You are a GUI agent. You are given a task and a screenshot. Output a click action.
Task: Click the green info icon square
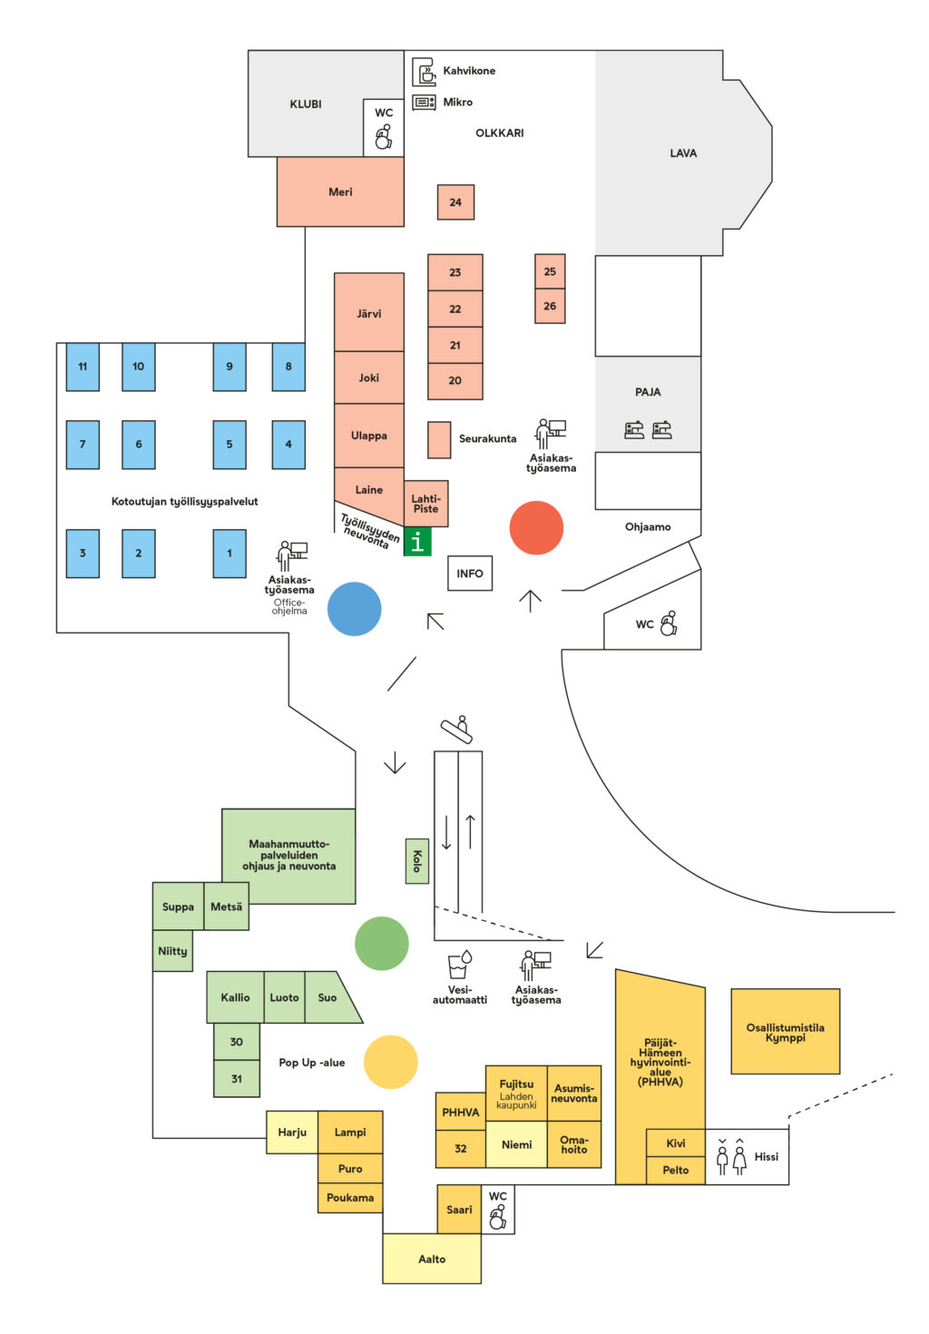[417, 542]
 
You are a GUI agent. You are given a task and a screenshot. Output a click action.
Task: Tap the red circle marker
[536, 527]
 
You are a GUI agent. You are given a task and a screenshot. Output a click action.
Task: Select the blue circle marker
[354, 608]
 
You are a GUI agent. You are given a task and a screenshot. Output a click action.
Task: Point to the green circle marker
[381, 943]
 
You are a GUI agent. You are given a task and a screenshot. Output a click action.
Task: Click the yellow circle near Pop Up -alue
[390, 1062]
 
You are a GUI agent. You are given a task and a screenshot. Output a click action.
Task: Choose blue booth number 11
[83, 367]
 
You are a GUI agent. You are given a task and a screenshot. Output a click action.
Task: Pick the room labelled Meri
[340, 191]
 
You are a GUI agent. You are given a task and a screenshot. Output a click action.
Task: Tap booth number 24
[455, 202]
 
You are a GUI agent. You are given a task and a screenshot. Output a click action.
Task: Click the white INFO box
[470, 574]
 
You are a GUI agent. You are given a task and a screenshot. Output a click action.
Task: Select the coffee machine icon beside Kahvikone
[425, 71]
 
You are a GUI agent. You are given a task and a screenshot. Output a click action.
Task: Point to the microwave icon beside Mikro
[424, 103]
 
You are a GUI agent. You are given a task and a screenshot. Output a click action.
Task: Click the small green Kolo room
[416, 860]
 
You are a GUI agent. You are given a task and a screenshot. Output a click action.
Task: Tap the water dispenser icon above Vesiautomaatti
[460, 965]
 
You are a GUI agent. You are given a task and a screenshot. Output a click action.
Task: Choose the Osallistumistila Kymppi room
[785, 1032]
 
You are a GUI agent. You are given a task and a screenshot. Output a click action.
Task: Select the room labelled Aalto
[432, 1259]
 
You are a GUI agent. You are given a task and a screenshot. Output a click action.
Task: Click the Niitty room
[172, 951]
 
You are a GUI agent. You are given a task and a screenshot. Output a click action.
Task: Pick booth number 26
[550, 306]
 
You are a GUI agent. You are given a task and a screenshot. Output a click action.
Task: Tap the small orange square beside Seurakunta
[439, 439]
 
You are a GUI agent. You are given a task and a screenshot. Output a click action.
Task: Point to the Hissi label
[767, 1156]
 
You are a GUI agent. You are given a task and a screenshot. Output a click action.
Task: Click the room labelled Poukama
[350, 1198]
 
